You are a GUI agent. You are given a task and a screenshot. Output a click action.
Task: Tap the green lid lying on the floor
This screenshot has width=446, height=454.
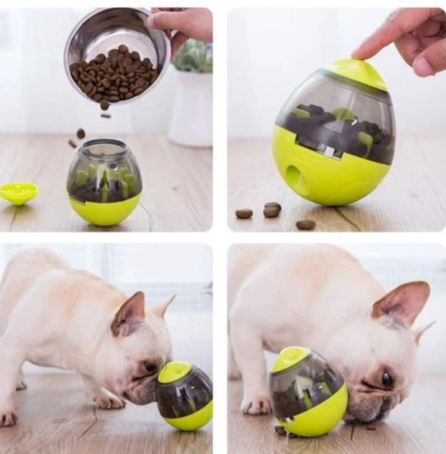19,191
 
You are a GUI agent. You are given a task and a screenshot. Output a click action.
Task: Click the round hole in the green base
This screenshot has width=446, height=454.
297,180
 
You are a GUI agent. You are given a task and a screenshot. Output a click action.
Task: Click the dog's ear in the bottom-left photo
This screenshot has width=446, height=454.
130,314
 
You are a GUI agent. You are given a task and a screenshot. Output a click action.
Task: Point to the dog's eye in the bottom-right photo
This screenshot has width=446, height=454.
387,379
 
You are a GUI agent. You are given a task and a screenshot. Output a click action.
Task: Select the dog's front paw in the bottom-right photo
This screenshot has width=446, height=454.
255,404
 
